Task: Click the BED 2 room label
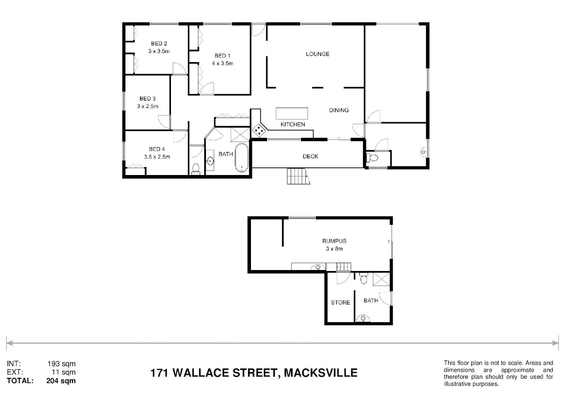159,43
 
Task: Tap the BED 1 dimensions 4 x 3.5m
222,64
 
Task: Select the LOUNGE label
317,54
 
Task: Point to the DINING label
339,110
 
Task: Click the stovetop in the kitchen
259,130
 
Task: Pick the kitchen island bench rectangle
292,113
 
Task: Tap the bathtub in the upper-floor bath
242,158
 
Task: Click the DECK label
310,157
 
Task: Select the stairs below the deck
298,176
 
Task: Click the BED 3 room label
147,98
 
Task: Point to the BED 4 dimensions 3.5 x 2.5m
157,157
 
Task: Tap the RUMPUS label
334,241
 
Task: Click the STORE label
340,303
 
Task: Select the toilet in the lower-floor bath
363,278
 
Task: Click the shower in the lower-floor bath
381,279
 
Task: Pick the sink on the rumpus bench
318,267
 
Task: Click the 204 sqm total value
61,381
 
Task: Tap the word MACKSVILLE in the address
321,373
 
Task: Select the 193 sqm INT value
62,364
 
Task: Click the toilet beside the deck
372,158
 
